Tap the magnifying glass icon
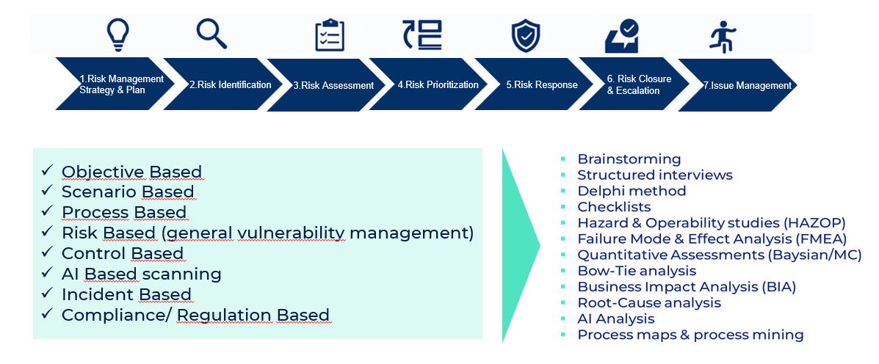211,33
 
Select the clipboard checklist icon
330,34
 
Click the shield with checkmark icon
525,35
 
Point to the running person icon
723,34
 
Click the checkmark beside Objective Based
48,171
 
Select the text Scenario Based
128,192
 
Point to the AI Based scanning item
142,274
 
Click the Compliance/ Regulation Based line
195,315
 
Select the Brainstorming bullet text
629,159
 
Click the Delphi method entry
632,191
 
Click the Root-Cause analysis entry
649,303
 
